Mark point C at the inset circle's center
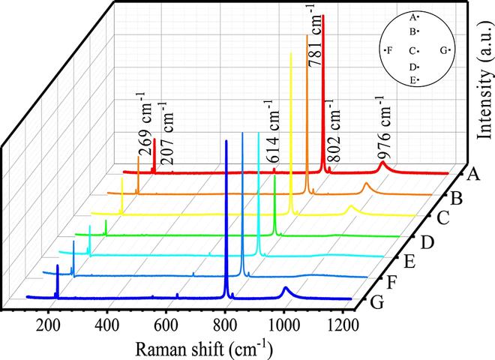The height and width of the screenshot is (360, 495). click(x=418, y=50)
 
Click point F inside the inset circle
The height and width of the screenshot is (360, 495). click(x=385, y=50)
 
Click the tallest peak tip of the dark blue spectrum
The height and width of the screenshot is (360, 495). click(x=226, y=140)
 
